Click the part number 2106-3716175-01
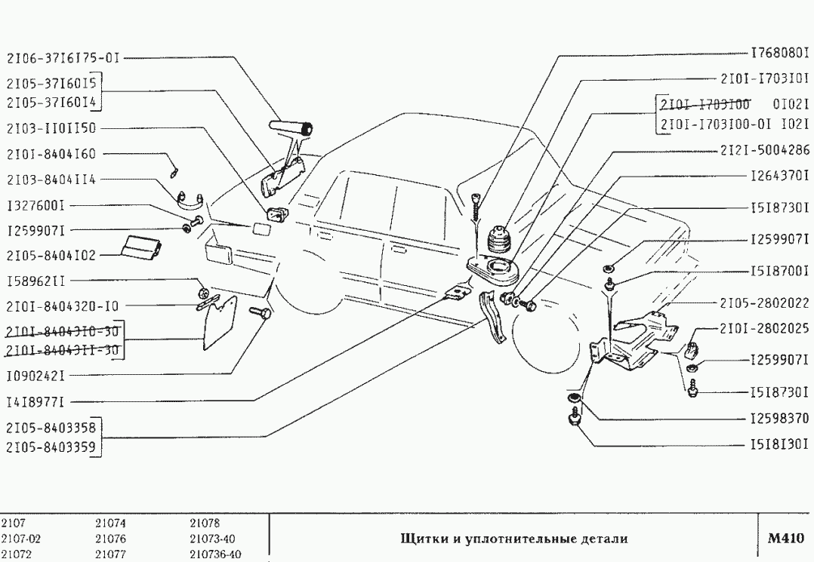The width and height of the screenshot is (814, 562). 63,57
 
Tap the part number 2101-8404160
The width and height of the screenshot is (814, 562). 51,153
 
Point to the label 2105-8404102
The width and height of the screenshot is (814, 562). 51,256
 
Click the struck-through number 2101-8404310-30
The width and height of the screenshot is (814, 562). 63,332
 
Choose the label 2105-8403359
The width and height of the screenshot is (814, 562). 51,446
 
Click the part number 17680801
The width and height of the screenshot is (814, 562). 779,54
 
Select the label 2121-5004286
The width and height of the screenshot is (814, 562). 763,149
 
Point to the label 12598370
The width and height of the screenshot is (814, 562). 779,417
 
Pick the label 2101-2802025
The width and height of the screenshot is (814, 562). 763,329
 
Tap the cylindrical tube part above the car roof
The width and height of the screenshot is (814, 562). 290,127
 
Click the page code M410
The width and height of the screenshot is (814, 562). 785,539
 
